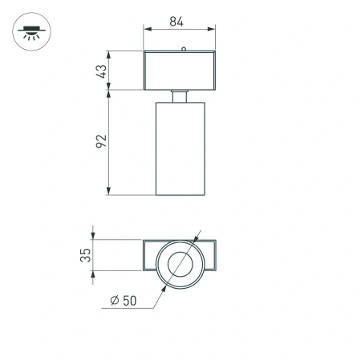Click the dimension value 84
tap(180, 22)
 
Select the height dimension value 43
tap(101, 71)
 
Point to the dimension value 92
tap(101, 141)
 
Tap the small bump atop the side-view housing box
tap(185, 49)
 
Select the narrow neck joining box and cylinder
tap(180, 96)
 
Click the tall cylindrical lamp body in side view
tap(180, 148)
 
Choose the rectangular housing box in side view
tap(180, 71)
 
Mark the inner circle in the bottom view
tap(180, 264)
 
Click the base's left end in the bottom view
tap(149, 257)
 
